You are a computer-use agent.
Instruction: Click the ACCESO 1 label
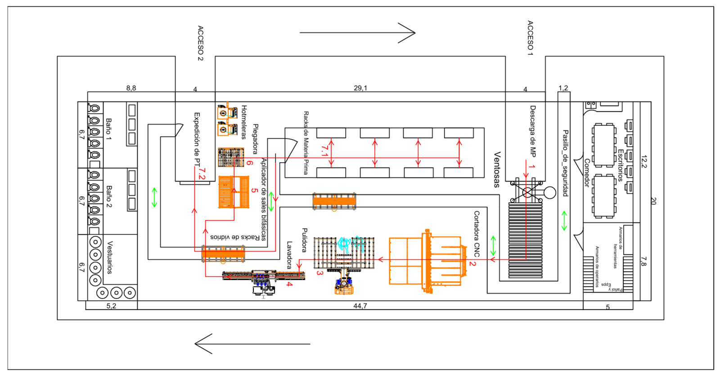[530, 38]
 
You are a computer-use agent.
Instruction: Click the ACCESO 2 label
[200, 43]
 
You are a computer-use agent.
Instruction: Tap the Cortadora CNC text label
[477, 234]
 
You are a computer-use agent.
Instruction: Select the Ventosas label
[497, 169]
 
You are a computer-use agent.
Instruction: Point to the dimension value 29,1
[360, 88]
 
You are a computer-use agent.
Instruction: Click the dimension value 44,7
[360, 306]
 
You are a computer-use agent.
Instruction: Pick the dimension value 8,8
[131, 88]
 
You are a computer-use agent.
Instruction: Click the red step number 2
[472, 263]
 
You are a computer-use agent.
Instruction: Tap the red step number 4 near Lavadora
[289, 284]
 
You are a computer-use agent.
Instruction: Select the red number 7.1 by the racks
[324, 151]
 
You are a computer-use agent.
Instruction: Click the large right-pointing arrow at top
[357, 32]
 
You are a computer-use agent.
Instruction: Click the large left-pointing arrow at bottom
[252, 344]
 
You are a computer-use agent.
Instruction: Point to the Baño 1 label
[108, 129]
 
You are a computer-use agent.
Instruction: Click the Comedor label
[587, 173]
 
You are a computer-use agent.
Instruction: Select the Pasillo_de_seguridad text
[566, 163]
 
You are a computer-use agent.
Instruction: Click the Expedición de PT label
[197, 139]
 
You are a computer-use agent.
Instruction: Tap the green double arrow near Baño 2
[154, 197]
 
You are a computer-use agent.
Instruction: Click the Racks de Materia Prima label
[306, 143]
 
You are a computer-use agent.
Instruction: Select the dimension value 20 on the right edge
[653, 201]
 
